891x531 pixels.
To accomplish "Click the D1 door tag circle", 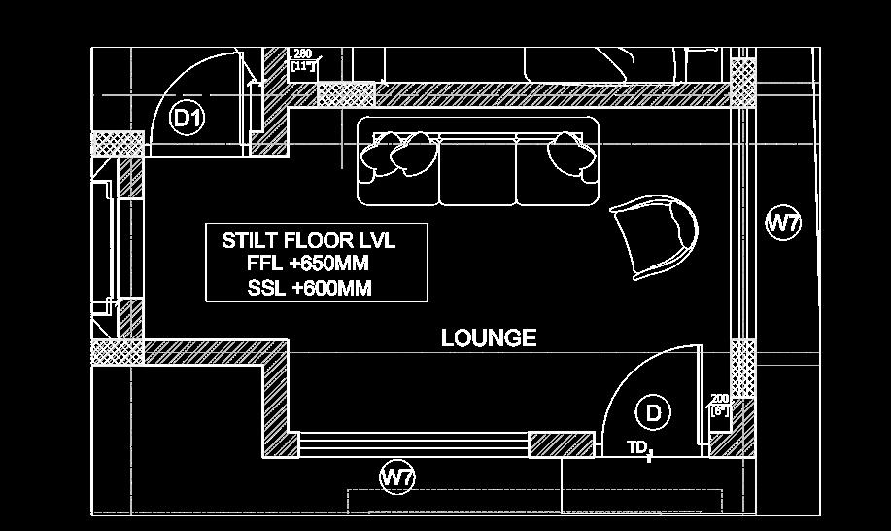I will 187,119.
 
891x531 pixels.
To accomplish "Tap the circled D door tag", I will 653,412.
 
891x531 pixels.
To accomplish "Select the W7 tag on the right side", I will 782,223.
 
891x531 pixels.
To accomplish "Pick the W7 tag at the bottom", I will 396,477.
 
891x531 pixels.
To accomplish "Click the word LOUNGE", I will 489,337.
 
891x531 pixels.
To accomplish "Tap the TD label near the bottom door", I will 637,447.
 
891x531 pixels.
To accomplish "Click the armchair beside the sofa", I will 655,233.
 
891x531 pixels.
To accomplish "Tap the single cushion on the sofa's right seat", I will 570,154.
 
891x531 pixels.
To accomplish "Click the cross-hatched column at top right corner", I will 743,83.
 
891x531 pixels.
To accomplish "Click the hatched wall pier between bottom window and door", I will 561,444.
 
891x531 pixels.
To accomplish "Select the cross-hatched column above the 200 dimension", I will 743,368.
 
